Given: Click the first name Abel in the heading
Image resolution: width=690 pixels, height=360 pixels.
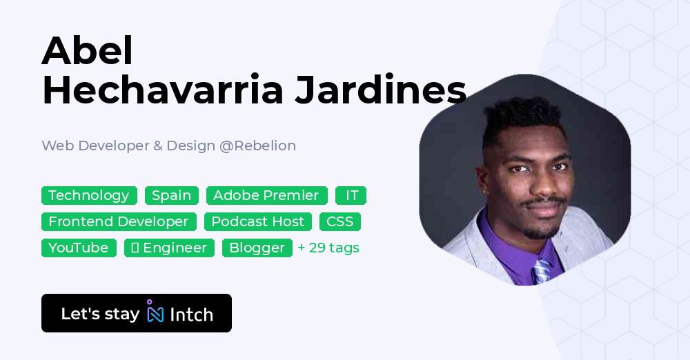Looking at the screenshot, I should tap(87, 51).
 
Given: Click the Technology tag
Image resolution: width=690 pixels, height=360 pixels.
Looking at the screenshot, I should tap(89, 195).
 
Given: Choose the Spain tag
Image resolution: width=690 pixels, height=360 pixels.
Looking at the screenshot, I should tap(171, 195).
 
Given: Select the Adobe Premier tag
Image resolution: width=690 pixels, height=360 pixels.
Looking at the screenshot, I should tap(266, 195).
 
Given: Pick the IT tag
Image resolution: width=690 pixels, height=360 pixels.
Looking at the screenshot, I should tap(351, 195).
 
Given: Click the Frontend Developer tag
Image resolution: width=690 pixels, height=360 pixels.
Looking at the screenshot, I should tap(119, 221).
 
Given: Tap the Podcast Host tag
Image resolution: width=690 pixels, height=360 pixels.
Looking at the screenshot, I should tap(257, 221).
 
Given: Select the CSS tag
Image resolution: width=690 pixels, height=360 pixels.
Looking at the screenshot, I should tap(339, 221).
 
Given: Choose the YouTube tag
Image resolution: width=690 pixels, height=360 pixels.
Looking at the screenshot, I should tap(79, 248).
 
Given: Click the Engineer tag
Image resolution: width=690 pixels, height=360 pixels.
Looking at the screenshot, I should tap(169, 248).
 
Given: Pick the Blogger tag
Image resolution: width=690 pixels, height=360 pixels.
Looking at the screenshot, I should tap(257, 248).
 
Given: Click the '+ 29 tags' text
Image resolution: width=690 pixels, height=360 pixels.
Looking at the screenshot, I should tap(328, 248).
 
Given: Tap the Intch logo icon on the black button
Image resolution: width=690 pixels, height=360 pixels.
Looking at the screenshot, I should tap(155, 312).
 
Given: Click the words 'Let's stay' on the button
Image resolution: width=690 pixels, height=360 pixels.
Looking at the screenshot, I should tap(100, 314).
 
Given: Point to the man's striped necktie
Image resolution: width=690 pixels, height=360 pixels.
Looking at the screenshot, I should tap(542, 269).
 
